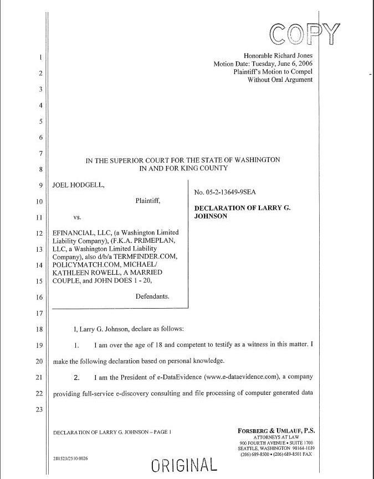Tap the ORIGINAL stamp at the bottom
(x=183, y=464)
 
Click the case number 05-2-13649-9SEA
(x=224, y=192)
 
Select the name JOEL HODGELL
(x=78, y=185)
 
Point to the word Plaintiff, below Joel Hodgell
(x=148, y=201)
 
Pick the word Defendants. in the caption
(x=152, y=296)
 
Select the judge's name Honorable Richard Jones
(x=278, y=55)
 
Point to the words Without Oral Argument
(x=280, y=80)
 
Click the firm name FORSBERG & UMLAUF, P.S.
(x=276, y=429)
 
